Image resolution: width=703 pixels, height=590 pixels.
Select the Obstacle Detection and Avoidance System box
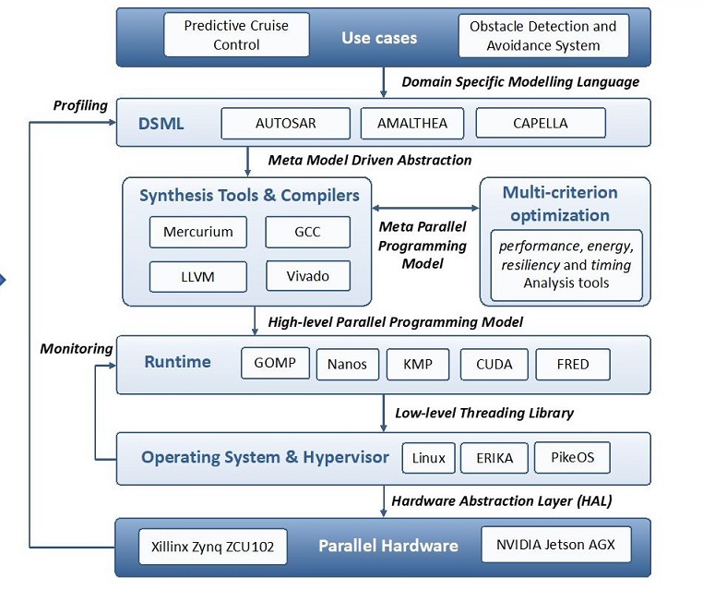coord(542,35)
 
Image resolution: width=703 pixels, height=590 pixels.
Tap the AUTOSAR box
coord(286,123)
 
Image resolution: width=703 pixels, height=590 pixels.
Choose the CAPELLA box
coord(541,123)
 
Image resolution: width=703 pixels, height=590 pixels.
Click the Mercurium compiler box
coord(198,232)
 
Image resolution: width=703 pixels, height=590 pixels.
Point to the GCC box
coord(308,232)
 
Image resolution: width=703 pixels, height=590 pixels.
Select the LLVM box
coord(198,276)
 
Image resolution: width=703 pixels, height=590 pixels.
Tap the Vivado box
coord(308,276)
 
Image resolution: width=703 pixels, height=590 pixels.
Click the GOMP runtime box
coord(275,363)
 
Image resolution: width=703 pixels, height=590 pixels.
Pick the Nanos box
coord(347,364)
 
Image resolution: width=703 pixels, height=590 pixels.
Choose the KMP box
coord(417,364)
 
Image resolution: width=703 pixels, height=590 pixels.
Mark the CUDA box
coord(494,364)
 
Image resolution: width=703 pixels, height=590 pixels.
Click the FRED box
coord(572,364)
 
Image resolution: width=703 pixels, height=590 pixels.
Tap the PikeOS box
coord(572,457)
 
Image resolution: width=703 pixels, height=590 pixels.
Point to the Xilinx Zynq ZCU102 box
coord(212,546)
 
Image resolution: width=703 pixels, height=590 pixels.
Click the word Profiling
coord(80,105)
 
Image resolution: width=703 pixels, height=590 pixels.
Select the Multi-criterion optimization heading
coord(560,204)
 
